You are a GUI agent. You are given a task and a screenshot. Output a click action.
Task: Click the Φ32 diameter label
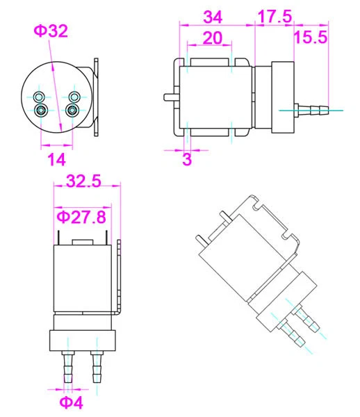point(51,31)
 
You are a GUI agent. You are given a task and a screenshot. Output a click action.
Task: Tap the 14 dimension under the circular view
point(56,160)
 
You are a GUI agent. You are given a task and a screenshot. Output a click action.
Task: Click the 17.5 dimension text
point(274,16)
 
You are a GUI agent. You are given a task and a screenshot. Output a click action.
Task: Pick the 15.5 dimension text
point(310,38)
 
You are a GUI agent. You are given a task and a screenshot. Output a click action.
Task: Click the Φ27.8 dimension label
point(81,218)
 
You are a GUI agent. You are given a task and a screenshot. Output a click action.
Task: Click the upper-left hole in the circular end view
point(41,96)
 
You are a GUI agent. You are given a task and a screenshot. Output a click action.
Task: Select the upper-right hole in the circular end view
point(73,96)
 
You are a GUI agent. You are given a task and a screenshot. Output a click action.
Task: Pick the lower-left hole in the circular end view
point(41,109)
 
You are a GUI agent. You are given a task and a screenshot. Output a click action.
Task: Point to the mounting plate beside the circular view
point(96,97)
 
